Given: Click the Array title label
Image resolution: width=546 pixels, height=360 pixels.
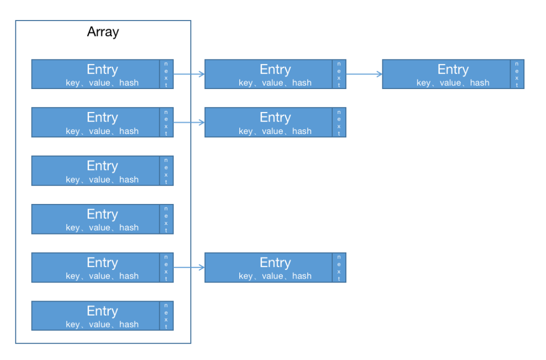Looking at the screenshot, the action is click(103, 32).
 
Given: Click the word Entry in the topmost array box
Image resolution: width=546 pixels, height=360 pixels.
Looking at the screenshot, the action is click(103, 69).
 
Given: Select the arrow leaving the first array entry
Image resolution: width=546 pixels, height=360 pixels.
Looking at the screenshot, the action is click(189, 74).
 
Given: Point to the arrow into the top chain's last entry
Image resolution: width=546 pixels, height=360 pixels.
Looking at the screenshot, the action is click(364, 74).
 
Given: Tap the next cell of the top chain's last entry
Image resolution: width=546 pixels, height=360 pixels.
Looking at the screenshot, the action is click(517, 74).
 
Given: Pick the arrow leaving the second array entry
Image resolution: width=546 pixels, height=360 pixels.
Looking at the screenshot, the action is click(189, 122).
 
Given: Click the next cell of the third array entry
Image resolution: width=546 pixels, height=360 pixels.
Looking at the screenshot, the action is click(166, 171).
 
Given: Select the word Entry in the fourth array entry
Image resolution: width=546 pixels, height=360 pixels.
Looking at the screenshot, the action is click(103, 214).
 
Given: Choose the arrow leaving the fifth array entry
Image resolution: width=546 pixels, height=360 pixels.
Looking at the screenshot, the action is click(189, 267).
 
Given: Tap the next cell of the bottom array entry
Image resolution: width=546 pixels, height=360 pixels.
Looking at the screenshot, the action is click(166, 316).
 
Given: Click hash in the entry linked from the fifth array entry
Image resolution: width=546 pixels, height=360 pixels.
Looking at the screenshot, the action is click(302, 276).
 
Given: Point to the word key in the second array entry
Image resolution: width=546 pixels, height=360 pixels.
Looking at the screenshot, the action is click(73, 131).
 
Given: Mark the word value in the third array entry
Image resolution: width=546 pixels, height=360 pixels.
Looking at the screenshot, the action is click(100, 179).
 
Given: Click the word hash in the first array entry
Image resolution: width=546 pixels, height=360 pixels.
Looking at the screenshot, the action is click(129, 83).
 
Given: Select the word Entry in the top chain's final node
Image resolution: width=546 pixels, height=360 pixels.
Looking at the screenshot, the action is click(453, 69).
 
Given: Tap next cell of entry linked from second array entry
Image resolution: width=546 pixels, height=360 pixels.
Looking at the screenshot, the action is click(339, 122).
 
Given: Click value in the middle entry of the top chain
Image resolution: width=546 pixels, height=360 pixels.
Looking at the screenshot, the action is click(273, 83).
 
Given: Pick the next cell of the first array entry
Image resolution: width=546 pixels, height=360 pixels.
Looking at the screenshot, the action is click(166, 74).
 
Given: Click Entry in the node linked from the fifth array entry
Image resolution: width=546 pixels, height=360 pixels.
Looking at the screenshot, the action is click(275, 262).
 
